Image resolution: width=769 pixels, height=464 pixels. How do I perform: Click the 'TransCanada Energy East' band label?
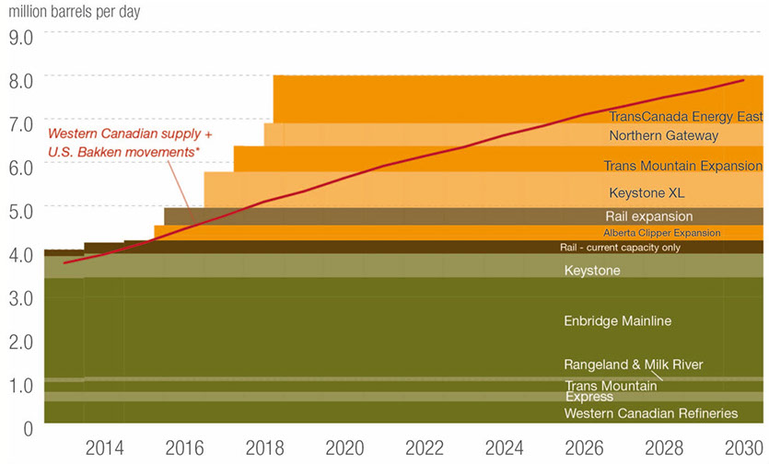coord(686,117)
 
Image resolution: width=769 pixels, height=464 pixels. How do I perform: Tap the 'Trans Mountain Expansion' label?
coord(683,166)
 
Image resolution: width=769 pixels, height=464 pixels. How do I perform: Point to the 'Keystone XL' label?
coord(647,193)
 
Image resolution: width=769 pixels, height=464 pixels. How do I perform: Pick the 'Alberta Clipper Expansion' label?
coord(662,233)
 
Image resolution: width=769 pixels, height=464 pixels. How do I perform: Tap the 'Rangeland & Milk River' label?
coord(633,365)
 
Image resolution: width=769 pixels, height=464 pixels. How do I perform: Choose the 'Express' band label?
coord(588,397)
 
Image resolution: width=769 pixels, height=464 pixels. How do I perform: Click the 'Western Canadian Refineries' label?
coord(651,413)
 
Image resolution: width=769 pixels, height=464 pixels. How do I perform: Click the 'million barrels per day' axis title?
coord(76,13)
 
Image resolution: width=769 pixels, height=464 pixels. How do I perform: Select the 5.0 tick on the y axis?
coord(20,211)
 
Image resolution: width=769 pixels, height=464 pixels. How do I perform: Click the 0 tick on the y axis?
coord(28,428)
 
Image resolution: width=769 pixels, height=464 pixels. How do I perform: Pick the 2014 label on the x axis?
coord(104,448)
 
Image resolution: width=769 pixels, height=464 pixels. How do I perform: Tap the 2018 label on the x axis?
coord(264,448)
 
